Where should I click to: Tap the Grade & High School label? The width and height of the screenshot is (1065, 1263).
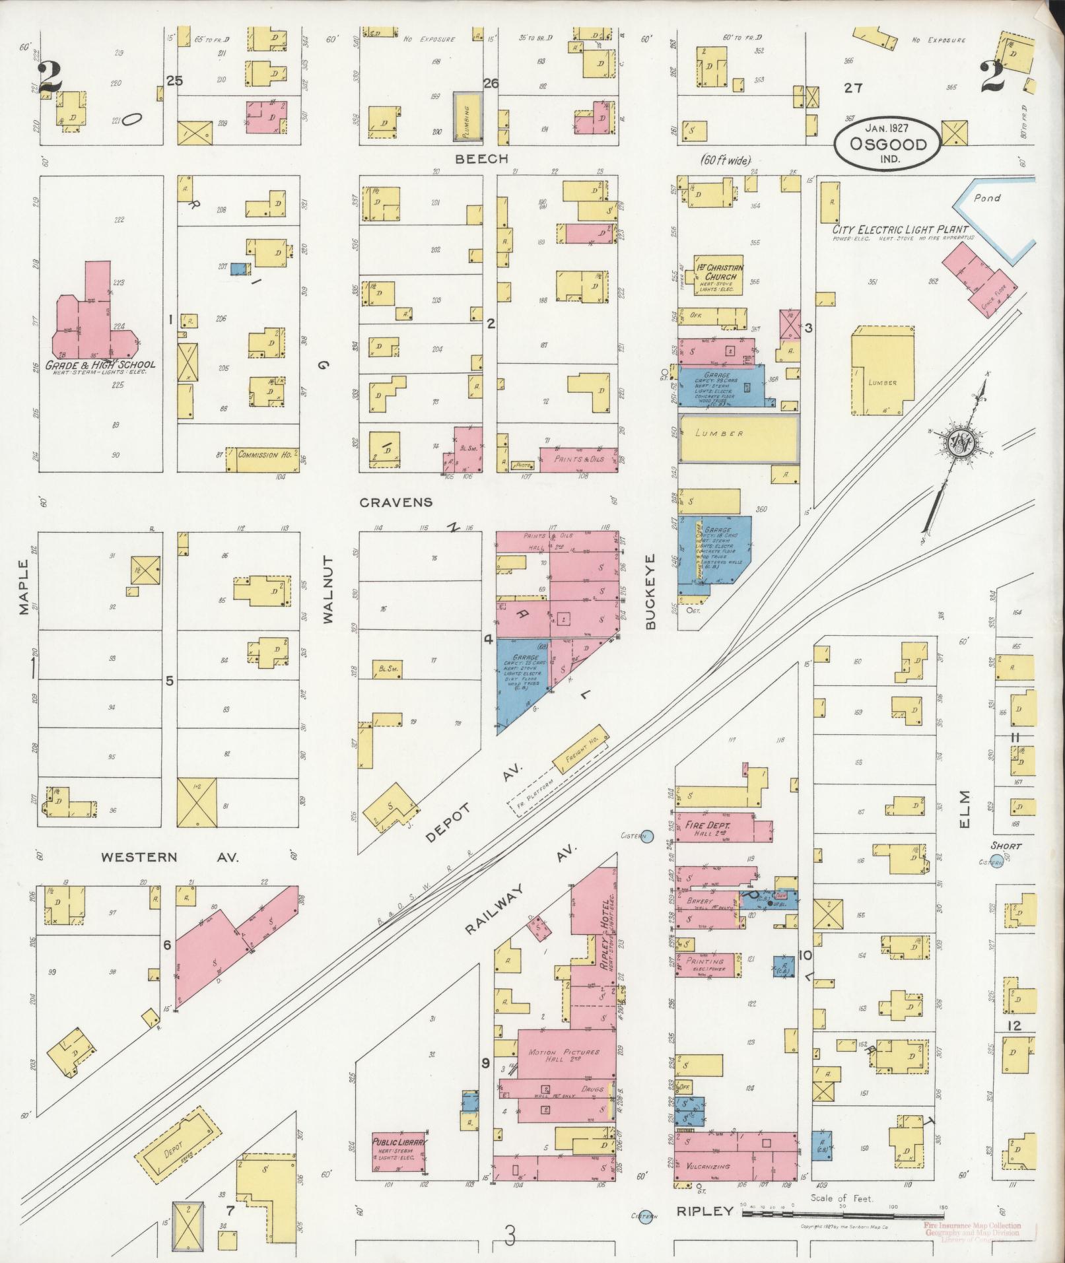pyautogui.click(x=100, y=364)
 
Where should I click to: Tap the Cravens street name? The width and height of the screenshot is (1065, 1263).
pyautogui.click(x=396, y=502)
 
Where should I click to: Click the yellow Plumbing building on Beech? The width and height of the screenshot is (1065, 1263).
pyautogui.click(x=466, y=116)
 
